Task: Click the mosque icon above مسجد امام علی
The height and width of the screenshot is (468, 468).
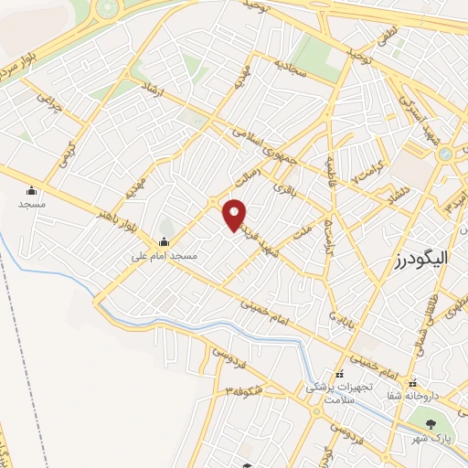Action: click(165, 241)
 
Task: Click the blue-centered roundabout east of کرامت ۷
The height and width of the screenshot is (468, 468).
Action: click(445, 154)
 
